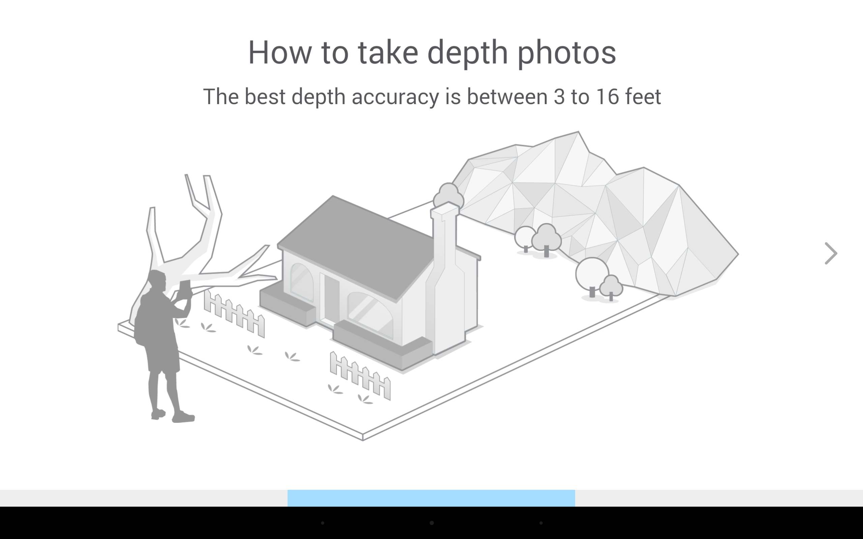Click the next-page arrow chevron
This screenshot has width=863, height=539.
[x=831, y=253]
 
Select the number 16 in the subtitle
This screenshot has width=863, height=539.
[x=608, y=97]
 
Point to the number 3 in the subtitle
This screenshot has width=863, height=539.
[x=559, y=97]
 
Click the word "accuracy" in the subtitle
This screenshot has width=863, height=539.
[x=395, y=97]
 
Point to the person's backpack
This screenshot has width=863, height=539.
[x=141, y=321]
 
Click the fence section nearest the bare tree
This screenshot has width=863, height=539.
[x=234, y=313]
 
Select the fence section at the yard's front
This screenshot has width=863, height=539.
[x=360, y=376]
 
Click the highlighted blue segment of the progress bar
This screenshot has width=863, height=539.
[x=431, y=498]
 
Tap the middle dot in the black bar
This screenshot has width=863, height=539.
[x=431, y=523]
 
